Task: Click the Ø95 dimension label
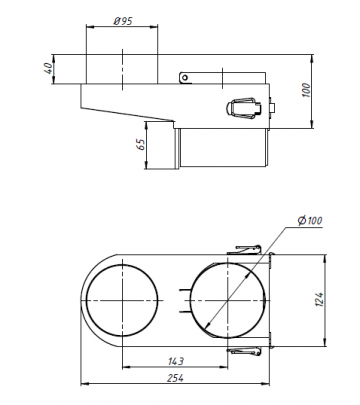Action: click(x=123, y=21)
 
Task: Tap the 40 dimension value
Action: click(x=49, y=68)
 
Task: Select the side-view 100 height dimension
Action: click(x=306, y=90)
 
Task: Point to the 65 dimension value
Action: click(x=142, y=144)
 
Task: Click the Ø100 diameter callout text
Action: click(x=310, y=220)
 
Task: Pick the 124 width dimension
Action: click(x=319, y=300)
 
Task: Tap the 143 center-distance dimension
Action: click(x=175, y=361)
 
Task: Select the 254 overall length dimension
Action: click(x=175, y=378)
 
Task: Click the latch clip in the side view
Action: click(x=243, y=108)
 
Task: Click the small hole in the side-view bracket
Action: click(x=185, y=78)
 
